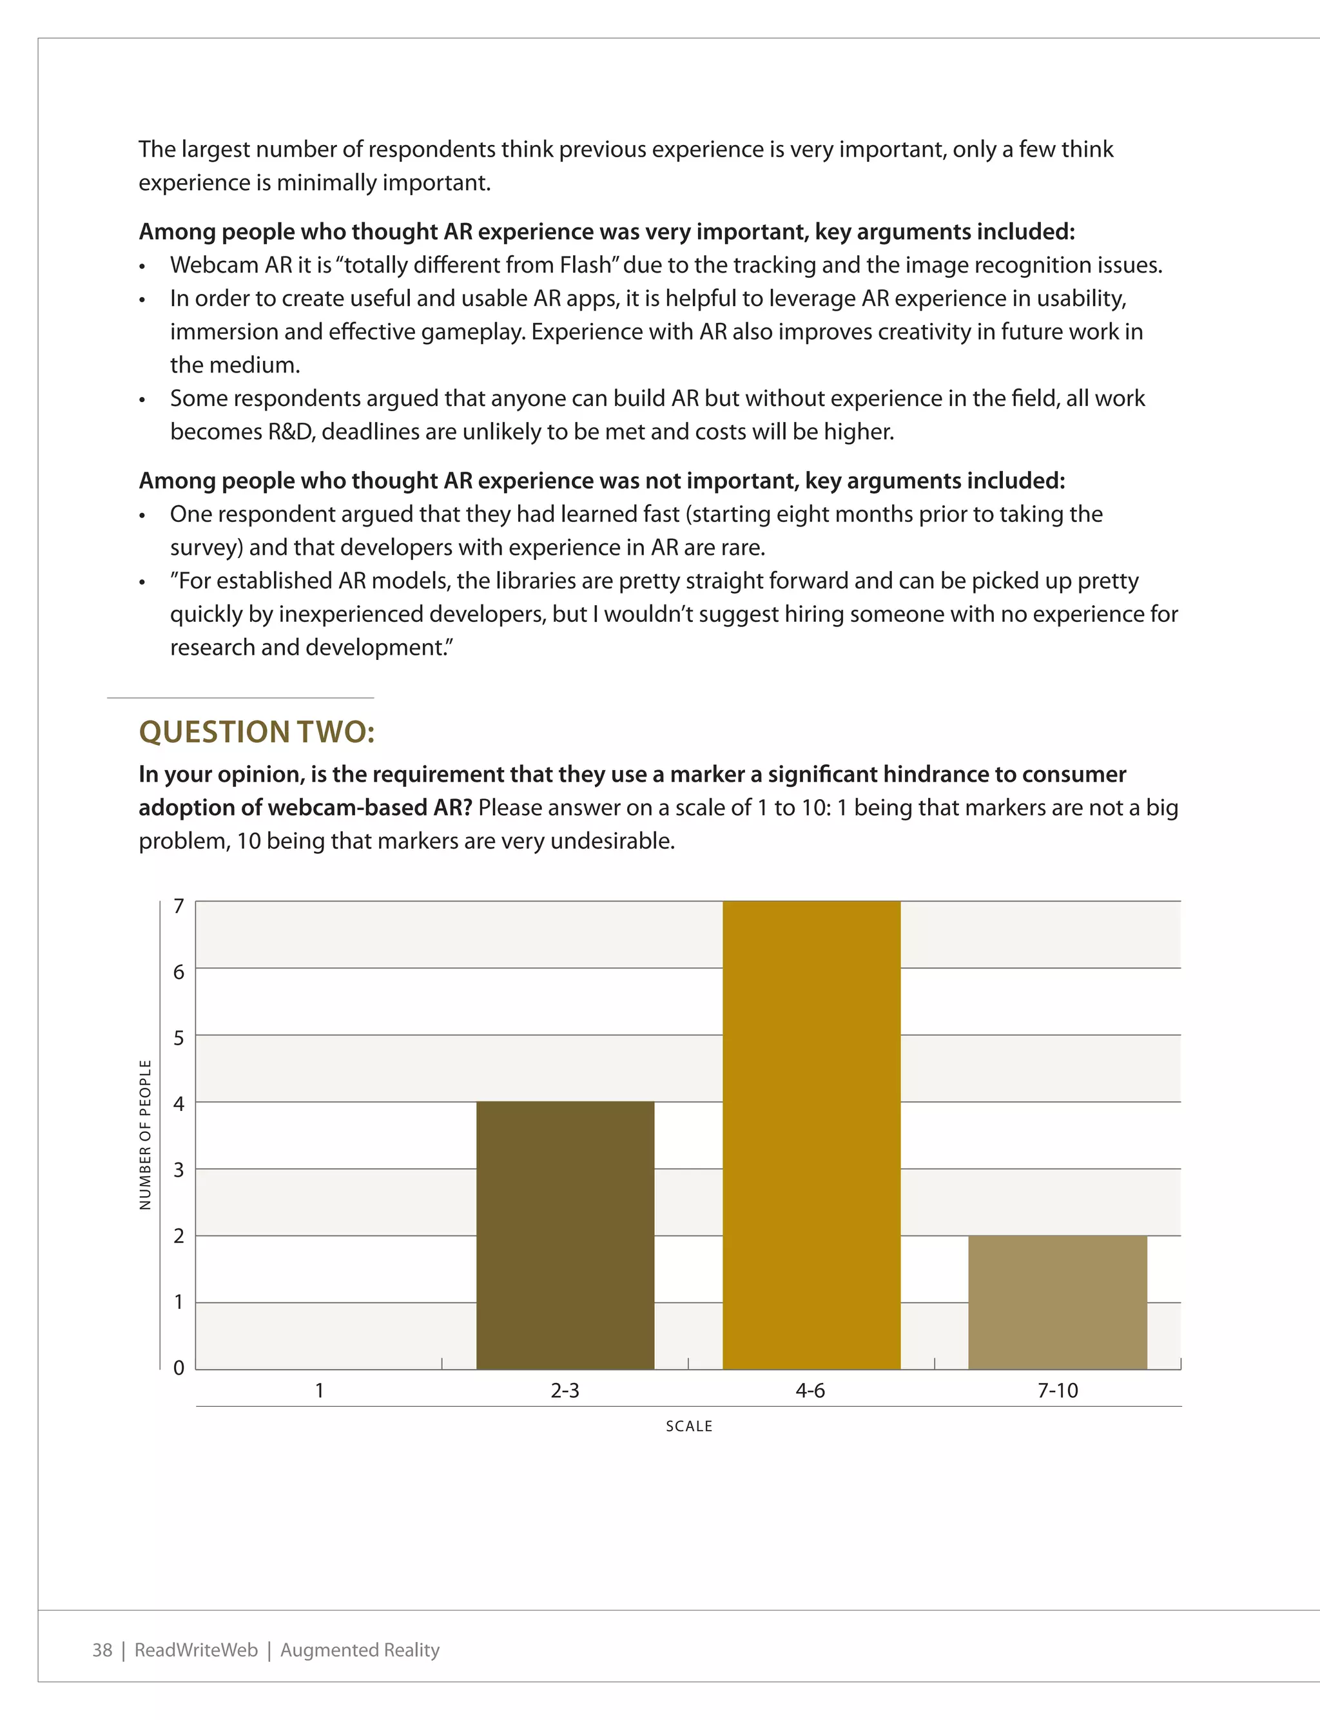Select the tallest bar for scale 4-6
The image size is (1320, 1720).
pyautogui.click(x=811, y=1135)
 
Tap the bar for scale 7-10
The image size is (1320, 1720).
pyautogui.click(x=1058, y=1302)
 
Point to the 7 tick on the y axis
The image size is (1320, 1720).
pyautogui.click(x=179, y=906)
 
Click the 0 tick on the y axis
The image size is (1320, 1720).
pyautogui.click(x=179, y=1367)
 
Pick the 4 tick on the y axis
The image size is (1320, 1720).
pyautogui.click(x=179, y=1103)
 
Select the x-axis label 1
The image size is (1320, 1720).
pyautogui.click(x=319, y=1391)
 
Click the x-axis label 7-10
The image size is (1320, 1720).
pyautogui.click(x=1058, y=1391)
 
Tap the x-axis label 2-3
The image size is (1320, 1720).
pyautogui.click(x=565, y=1391)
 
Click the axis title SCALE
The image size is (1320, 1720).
pyautogui.click(x=689, y=1426)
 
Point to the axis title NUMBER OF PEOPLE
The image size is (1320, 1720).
pyautogui.click(x=146, y=1135)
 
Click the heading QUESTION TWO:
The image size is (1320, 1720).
pyautogui.click(x=257, y=732)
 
